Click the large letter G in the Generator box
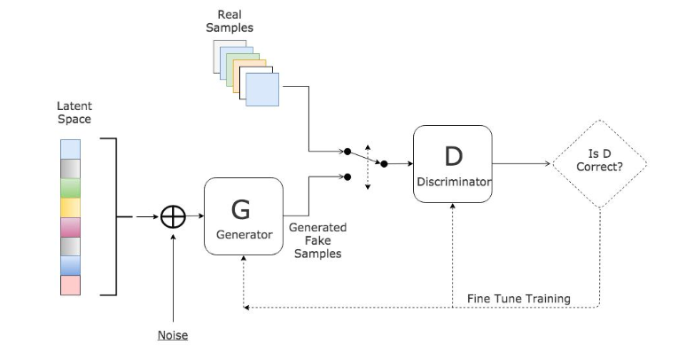241,209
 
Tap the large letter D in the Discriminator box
453,155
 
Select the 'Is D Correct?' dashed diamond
600,164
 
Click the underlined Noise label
173,335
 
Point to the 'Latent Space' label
74,113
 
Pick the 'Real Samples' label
235,21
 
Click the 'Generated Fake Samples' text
317,240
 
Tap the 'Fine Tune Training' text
518,298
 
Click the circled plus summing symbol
173,216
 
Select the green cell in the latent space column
71,188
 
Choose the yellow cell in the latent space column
71,207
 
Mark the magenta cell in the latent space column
71,227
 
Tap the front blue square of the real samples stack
261,90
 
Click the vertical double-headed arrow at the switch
368,158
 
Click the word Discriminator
453,182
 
